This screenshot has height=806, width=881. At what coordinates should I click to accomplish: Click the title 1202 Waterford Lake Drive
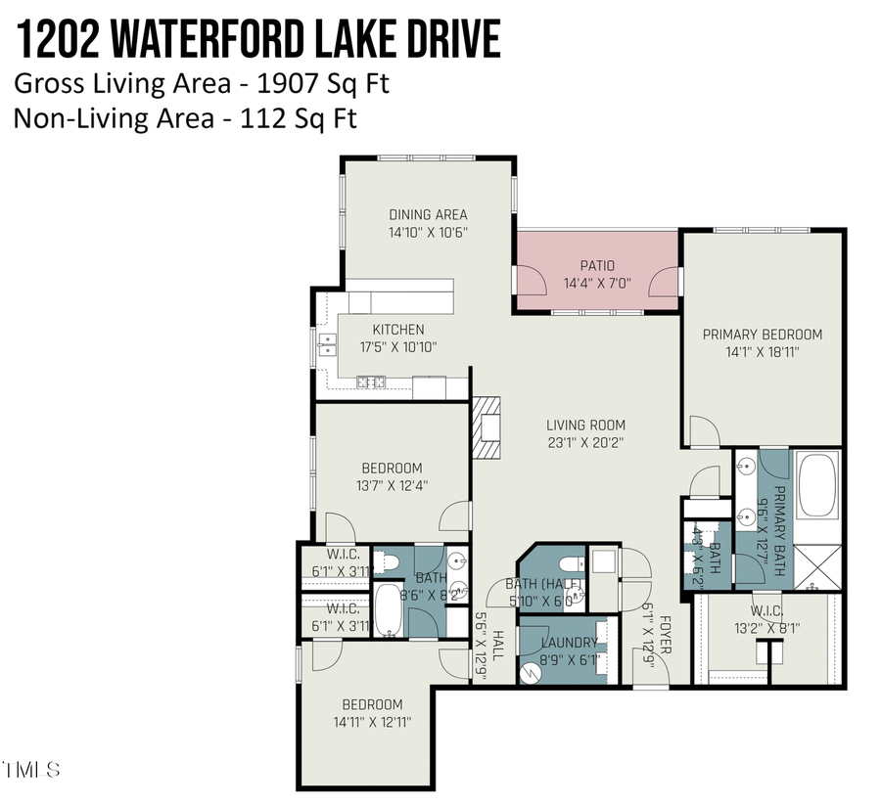[x=256, y=41]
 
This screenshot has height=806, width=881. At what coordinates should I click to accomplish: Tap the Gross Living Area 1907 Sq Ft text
[x=201, y=83]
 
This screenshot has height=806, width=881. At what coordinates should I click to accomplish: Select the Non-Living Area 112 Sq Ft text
[x=185, y=118]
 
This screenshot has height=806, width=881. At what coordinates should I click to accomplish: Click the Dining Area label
[x=428, y=215]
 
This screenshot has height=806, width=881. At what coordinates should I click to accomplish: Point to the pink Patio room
[x=597, y=273]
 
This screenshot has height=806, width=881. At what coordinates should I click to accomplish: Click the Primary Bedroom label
[x=763, y=335]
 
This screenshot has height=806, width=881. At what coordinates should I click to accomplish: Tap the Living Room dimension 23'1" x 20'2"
[x=585, y=442]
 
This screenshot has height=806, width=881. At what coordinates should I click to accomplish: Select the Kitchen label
[x=397, y=330]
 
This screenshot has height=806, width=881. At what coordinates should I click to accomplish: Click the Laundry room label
[x=568, y=643]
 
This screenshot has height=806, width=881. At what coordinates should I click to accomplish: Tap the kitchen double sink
[x=327, y=344]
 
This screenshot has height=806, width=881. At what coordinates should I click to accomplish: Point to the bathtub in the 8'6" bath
[x=389, y=610]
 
